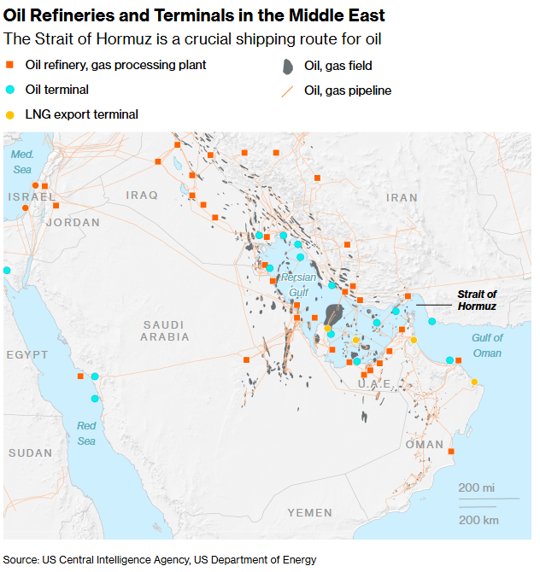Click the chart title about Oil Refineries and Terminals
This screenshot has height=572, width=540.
(x=194, y=15)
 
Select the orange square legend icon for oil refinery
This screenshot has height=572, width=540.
(x=10, y=65)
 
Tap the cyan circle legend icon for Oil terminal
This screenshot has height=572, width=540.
(x=10, y=90)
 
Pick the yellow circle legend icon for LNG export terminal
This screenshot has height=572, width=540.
(x=10, y=114)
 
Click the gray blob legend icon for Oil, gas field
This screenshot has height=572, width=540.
(x=288, y=66)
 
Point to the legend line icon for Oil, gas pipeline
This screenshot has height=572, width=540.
(x=287, y=90)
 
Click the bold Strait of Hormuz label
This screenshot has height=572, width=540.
(x=476, y=300)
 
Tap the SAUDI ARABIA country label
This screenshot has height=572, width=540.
(x=166, y=330)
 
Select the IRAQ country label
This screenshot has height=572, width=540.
(x=142, y=196)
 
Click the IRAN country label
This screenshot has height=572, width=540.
(x=402, y=197)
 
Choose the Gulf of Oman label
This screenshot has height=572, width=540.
(x=487, y=346)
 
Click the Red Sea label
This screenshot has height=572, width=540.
(x=86, y=433)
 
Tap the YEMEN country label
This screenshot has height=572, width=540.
(x=309, y=512)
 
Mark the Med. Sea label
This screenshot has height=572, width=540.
(x=22, y=162)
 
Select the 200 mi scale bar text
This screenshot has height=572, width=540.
(x=477, y=487)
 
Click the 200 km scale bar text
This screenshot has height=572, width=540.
(x=478, y=519)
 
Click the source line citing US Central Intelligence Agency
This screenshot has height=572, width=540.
(x=160, y=560)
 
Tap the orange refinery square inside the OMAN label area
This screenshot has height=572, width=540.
(x=451, y=452)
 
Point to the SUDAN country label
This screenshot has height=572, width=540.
(x=31, y=452)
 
